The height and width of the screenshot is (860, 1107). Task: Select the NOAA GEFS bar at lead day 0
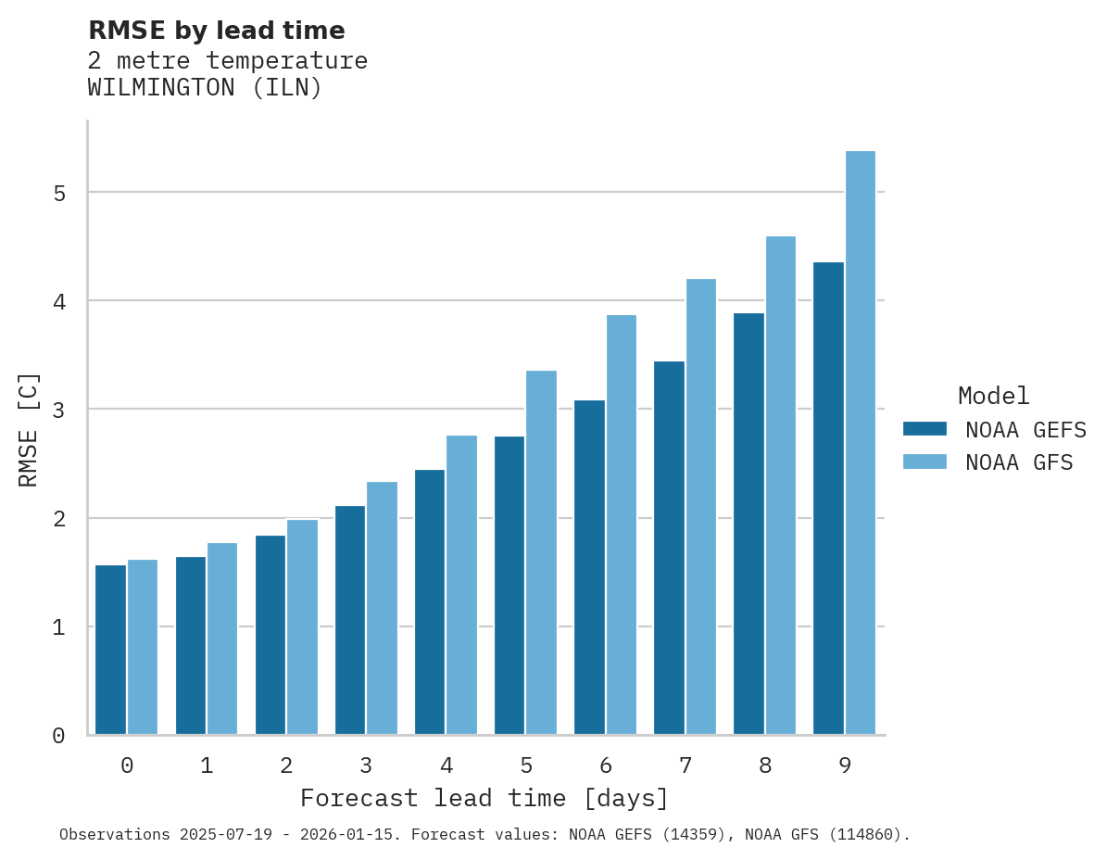pos(110,650)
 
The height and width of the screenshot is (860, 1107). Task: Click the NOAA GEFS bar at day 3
pos(350,620)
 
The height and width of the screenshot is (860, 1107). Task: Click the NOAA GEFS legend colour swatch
pos(925,429)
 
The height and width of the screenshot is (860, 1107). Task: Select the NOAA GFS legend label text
pos(1019,462)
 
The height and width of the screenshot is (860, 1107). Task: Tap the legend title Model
pos(993,396)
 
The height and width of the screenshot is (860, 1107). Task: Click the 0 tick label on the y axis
pos(58,736)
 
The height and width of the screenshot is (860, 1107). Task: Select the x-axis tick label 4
pos(446,765)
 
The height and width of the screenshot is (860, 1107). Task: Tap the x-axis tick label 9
pos(845,765)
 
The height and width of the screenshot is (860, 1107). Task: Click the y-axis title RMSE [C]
pos(29,428)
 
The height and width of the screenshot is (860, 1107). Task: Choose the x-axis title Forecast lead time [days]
pos(484,798)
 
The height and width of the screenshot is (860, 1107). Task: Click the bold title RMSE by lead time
pos(216,31)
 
